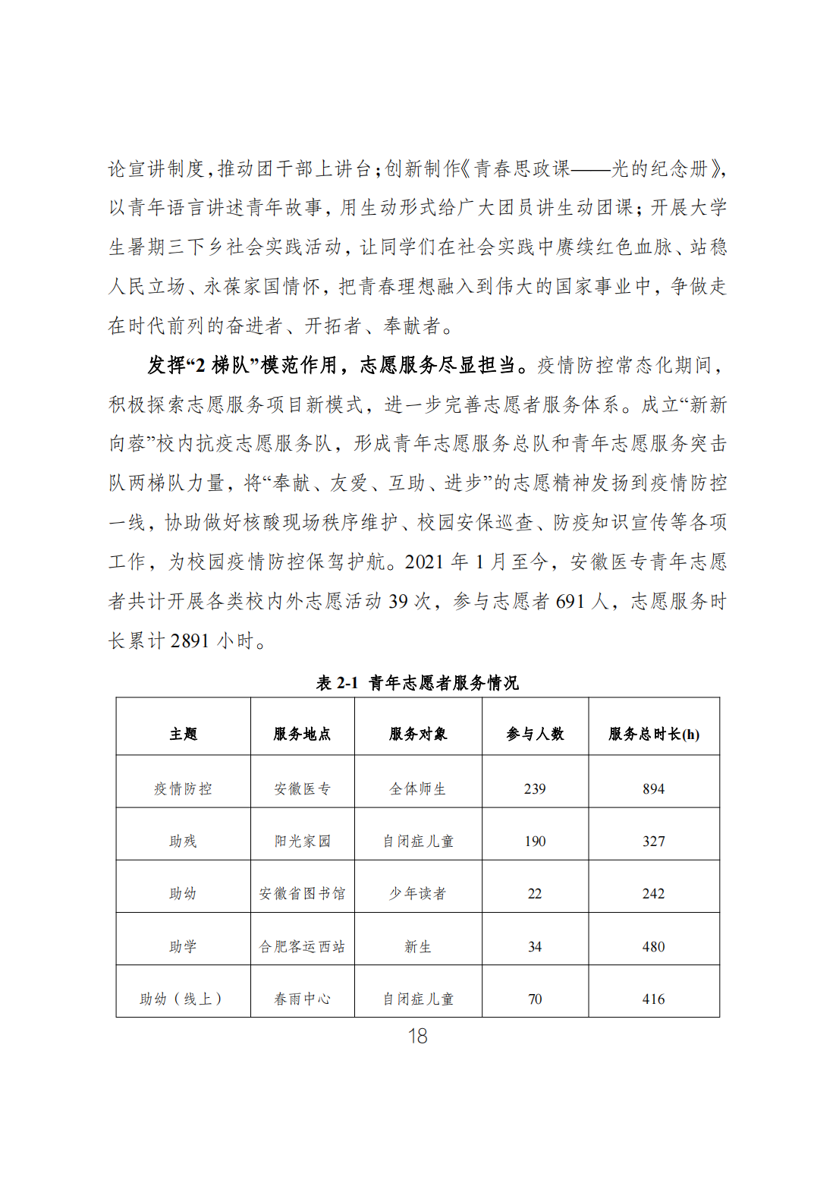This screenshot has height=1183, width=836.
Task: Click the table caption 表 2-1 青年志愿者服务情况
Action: click(x=417, y=683)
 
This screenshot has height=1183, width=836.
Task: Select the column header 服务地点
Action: click(x=302, y=734)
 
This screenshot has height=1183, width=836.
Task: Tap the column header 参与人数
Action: click(x=535, y=734)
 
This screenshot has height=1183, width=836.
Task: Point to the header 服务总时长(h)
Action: click(x=654, y=734)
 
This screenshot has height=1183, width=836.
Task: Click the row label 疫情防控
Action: click(x=183, y=789)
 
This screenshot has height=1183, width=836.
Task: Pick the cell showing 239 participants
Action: click(x=535, y=789)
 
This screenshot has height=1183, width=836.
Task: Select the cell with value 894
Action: click(x=654, y=789)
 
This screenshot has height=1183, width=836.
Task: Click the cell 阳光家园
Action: click(x=302, y=842)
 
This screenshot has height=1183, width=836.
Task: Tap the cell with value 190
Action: click(x=535, y=842)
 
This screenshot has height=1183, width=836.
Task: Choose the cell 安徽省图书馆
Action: click(x=302, y=894)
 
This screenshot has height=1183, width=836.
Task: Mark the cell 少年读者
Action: click(x=417, y=894)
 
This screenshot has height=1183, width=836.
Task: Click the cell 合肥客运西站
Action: click(x=302, y=947)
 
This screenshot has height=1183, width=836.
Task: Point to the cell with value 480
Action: click(x=654, y=947)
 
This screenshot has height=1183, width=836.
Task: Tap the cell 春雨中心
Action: click(x=302, y=999)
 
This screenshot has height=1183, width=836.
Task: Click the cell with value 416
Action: click(x=654, y=999)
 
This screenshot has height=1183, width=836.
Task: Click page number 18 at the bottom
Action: click(x=417, y=1037)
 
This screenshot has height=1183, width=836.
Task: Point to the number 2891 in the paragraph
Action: click(x=190, y=641)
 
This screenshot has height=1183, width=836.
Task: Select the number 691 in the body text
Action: click(x=570, y=602)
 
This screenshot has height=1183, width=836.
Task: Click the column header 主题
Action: click(x=183, y=734)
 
